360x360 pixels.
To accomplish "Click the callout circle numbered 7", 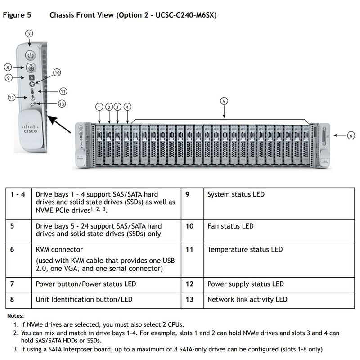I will point(29,34).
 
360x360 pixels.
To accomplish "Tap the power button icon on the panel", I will point(30,55).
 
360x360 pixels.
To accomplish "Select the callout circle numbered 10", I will point(57,72).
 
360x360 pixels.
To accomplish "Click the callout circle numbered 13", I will point(62,103).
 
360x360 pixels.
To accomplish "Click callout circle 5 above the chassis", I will point(224,101).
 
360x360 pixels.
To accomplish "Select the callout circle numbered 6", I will point(351,135).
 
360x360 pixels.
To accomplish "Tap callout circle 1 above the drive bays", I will point(99,107).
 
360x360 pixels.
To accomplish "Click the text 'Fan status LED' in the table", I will point(230,226).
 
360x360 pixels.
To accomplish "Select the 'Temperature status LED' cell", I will point(245,249).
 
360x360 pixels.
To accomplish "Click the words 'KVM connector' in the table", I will point(59,249).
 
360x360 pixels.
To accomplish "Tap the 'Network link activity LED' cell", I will point(247,299).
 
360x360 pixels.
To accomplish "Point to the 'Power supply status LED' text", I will point(245,284).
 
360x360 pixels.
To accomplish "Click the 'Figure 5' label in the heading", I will point(17,15).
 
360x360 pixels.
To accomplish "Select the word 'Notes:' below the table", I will point(15,316).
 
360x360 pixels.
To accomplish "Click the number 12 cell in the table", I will point(189,284).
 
